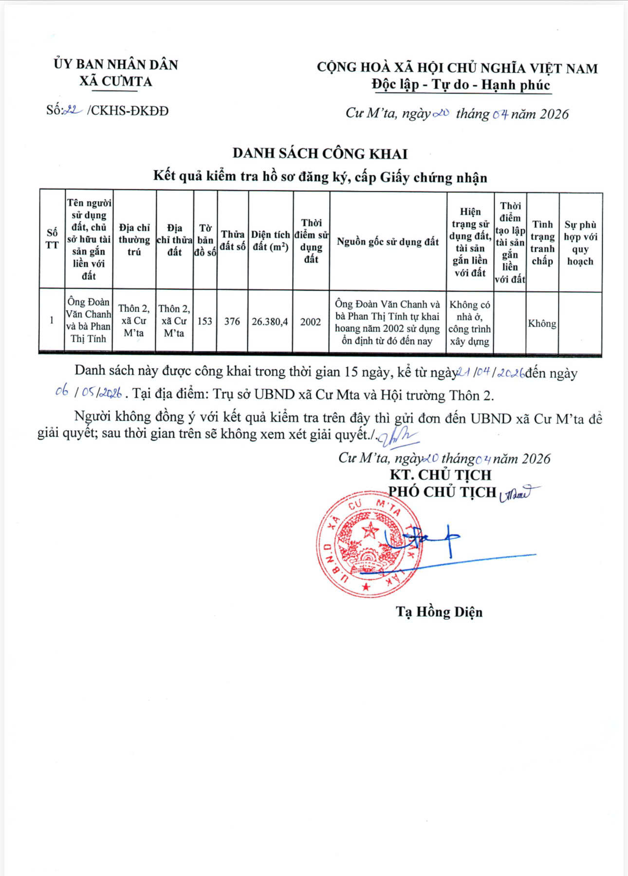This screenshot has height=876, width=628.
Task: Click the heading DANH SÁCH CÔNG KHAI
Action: tap(320, 153)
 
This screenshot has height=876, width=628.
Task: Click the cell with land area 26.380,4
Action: tap(270, 321)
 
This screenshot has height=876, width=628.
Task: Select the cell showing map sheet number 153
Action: tap(205, 321)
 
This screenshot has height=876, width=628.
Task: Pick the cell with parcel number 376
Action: tap(232, 321)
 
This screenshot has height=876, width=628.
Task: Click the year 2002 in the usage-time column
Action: tap(311, 321)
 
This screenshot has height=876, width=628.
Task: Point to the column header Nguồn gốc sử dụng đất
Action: tap(388, 242)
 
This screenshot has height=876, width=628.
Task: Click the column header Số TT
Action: tap(52, 239)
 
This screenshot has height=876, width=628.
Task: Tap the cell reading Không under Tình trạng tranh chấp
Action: tap(542, 323)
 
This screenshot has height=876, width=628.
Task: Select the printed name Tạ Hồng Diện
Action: tap(439, 612)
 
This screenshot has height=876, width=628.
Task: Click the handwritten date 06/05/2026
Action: tap(89, 393)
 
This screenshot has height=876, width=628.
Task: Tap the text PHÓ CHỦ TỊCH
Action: tap(442, 492)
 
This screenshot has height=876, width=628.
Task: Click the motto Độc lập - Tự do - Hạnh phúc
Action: tap(461, 85)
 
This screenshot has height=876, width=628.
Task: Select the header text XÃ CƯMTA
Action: tap(116, 81)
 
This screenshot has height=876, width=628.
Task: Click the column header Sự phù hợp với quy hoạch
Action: tap(580, 243)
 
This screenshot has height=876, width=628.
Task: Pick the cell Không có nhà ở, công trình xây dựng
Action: tap(470, 323)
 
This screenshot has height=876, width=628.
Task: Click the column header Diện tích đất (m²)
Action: tap(270, 241)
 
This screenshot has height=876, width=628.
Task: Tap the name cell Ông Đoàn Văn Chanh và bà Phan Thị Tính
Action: tap(89, 320)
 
